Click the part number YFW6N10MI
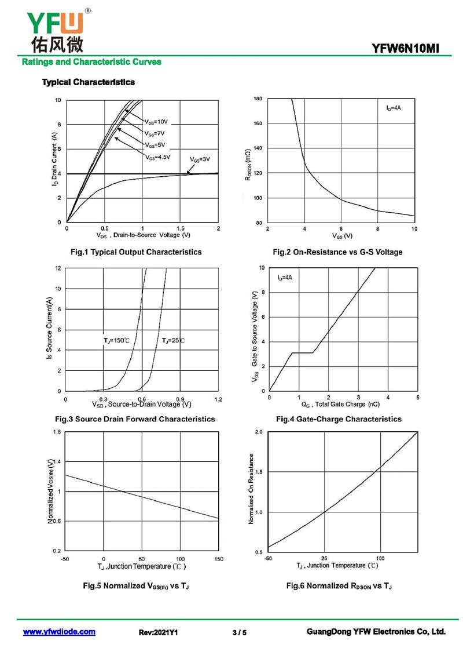click(x=406, y=49)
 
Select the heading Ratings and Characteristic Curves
click(x=91, y=62)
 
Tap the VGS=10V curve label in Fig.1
click(x=156, y=122)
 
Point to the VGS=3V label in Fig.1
click(x=200, y=159)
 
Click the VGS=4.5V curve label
click(x=157, y=157)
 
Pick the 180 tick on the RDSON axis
click(x=258, y=99)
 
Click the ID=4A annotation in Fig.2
click(x=394, y=108)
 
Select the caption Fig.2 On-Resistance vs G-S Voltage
click(x=337, y=252)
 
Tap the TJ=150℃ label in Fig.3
click(x=116, y=340)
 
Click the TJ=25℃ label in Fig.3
click(x=173, y=340)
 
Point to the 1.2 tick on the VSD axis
click(x=218, y=399)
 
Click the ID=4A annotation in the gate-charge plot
click(x=285, y=278)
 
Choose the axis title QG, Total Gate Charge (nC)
click(x=340, y=405)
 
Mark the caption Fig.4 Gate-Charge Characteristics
click(x=339, y=419)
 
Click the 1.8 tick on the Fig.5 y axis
click(x=57, y=432)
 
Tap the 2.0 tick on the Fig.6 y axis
click(x=259, y=432)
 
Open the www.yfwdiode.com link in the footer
click(x=59, y=632)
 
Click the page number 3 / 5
click(x=240, y=632)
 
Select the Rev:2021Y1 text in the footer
click(x=158, y=632)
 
